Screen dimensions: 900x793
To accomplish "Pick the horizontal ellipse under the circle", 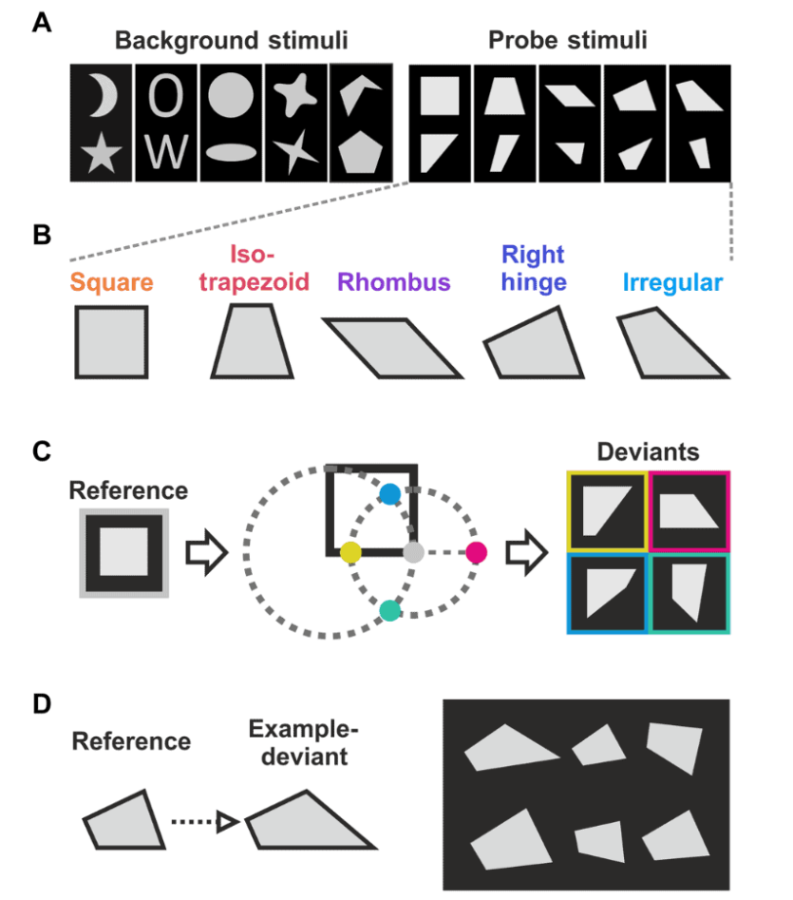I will pyautogui.click(x=232, y=152).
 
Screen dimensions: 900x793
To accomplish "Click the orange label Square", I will pyautogui.click(x=110, y=283).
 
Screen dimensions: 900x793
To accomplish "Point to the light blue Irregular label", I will pyautogui.click(x=673, y=283).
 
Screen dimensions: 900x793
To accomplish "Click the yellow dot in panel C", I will pyautogui.click(x=350, y=551).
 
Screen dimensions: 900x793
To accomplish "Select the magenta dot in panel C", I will pyautogui.click(x=477, y=551).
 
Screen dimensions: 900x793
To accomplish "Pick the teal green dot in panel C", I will pyautogui.click(x=388, y=609).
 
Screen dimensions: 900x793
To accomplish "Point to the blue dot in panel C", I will pyautogui.click(x=390, y=493).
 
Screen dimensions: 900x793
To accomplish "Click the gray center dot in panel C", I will pyautogui.click(x=413, y=552).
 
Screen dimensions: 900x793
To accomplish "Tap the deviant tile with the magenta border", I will pyautogui.click(x=689, y=511).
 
